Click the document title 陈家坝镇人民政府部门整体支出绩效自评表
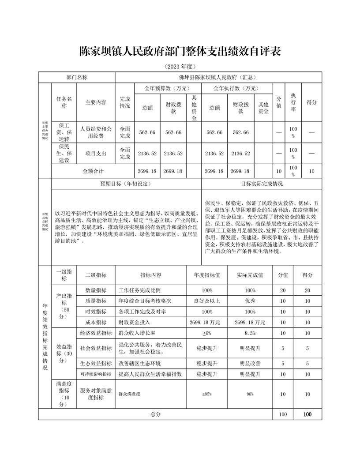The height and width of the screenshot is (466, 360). (180, 51)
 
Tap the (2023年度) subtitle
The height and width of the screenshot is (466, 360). (180, 67)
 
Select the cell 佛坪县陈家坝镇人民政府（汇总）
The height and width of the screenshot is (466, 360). (218, 77)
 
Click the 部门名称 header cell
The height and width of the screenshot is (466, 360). (77, 77)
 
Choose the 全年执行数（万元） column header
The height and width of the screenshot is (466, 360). (236, 88)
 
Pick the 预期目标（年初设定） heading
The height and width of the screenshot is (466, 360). (126, 184)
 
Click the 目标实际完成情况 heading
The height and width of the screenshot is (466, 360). (262, 184)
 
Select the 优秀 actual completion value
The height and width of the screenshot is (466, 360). (250, 301)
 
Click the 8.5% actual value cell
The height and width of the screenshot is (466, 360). (250, 333)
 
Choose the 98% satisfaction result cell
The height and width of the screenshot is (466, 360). (250, 394)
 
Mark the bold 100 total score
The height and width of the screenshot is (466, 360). (307, 414)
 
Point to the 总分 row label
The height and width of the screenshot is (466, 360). (155, 414)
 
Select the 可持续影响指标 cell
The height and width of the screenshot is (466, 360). (96, 374)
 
